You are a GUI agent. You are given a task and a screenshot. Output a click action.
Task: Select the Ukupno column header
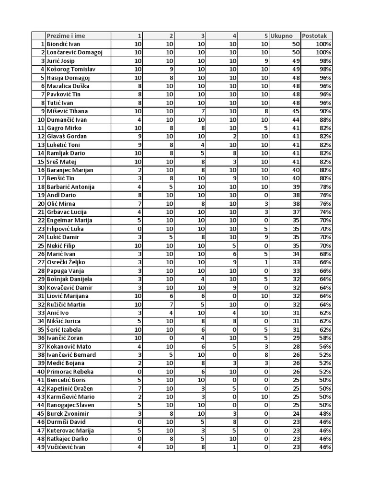(x=282, y=36)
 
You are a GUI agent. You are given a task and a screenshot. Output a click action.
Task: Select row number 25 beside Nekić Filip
(x=39, y=245)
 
